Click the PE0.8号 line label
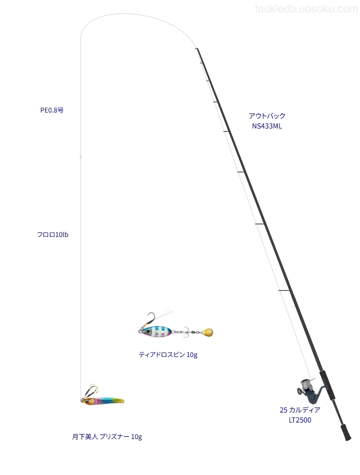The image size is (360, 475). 52,110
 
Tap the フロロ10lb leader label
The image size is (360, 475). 52,234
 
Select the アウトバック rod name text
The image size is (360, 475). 267,115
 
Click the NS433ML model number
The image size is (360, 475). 267,126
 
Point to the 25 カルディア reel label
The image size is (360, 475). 299,410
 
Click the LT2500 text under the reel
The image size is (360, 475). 299,420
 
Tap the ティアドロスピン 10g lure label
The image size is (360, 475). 168,354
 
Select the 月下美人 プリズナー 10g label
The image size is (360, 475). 107,436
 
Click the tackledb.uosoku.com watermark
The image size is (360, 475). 306,9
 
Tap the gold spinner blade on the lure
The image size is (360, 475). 206,332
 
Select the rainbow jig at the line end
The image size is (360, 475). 103,400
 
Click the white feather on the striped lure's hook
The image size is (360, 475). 163,316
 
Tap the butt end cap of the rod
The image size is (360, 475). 346,432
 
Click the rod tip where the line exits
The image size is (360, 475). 197,48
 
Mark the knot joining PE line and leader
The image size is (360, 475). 80,156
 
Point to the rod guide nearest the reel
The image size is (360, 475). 284,291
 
